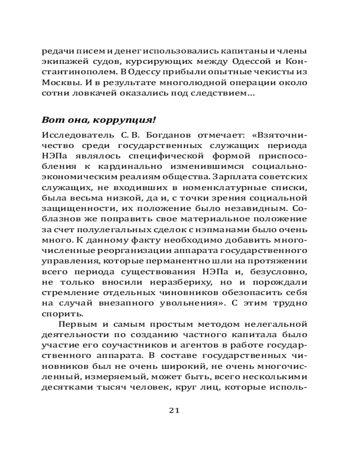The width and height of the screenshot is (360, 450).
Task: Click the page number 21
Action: point(174,410)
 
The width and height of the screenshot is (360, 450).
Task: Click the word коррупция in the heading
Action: point(130,120)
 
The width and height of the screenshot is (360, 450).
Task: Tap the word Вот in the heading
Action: point(50,120)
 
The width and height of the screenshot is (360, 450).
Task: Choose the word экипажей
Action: point(61,62)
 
